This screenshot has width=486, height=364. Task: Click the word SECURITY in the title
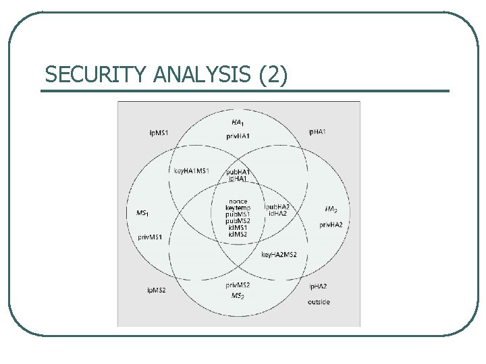(x=95, y=75)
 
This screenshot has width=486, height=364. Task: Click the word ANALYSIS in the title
(x=202, y=75)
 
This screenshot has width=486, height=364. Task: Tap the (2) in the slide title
(x=273, y=75)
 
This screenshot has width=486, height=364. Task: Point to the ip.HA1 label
(x=317, y=131)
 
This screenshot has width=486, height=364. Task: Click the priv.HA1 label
(x=238, y=137)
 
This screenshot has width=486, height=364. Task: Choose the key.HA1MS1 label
(x=192, y=171)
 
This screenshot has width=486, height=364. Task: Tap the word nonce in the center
(x=238, y=202)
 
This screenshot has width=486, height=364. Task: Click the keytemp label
(x=238, y=208)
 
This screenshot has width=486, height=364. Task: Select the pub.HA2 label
(x=277, y=206)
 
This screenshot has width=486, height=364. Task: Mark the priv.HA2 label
(x=331, y=224)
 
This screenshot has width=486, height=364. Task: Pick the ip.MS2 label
(x=157, y=290)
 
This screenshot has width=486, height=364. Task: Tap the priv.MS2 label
(x=238, y=285)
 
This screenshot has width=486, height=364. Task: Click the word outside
(x=318, y=301)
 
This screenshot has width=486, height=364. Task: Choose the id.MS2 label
(x=238, y=234)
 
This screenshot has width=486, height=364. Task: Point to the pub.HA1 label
(x=238, y=172)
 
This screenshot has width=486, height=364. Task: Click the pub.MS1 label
(x=238, y=214)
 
